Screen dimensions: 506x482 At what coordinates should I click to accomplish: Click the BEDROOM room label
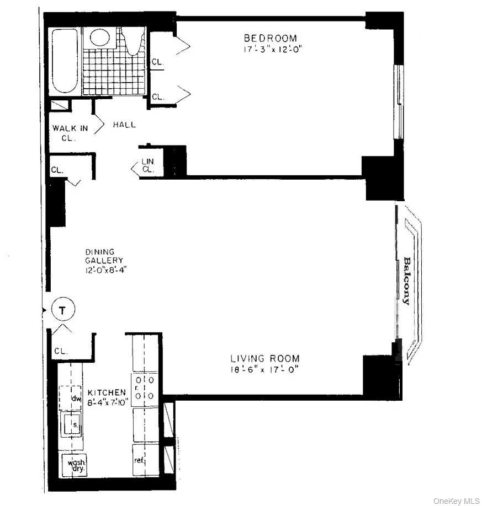click(270, 38)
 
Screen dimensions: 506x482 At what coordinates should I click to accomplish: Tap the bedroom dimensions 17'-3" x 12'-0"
click(270, 49)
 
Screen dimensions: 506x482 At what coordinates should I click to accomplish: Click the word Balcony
click(407, 281)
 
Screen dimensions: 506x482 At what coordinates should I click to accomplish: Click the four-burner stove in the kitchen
click(145, 387)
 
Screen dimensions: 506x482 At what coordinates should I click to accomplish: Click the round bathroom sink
click(100, 37)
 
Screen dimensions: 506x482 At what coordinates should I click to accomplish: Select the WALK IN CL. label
click(70, 132)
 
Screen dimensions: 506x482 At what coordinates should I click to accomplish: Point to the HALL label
click(124, 125)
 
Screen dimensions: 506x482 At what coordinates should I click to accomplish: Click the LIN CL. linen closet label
click(148, 165)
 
